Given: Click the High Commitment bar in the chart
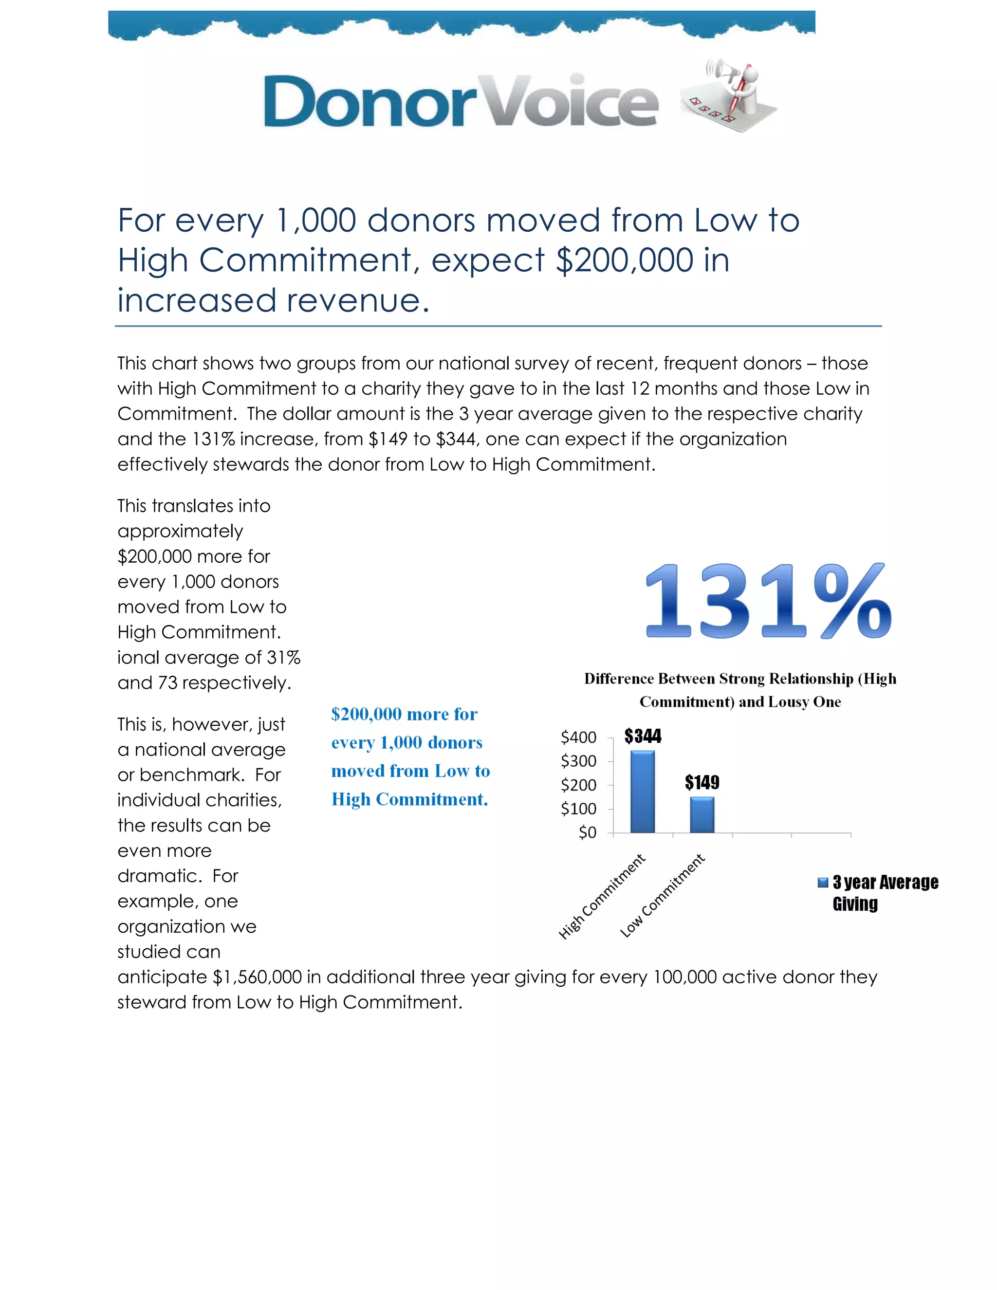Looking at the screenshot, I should tap(642, 792).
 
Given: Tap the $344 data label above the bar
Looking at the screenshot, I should tap(643, 736).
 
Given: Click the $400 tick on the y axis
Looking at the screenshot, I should tap(578, 737).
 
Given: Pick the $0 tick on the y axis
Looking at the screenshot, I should tap(587, 832).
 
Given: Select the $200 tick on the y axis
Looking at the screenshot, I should tap(578, 785).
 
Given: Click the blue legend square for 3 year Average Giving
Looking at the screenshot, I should tap(823, 883).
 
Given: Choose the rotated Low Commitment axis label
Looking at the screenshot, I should tap(662, 896).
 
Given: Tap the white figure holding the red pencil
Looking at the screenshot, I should tap(745, 89).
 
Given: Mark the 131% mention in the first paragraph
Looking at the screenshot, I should tap(213, 439).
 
